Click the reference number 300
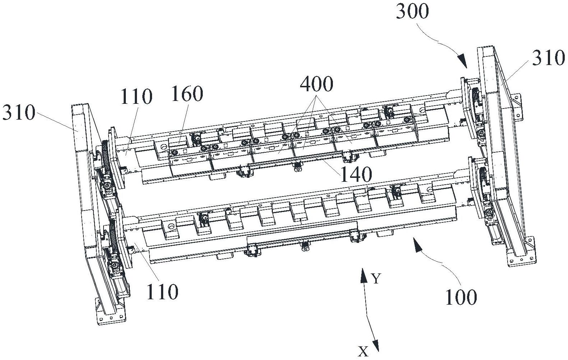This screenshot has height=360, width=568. click(x=412, y=11)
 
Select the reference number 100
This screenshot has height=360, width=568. click(x=461, y=297)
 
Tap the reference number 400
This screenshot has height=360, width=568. click(x=317, y=84)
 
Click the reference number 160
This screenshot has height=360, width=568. click(x=187, y=94)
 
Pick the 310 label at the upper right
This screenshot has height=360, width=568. click(x=548, y=58)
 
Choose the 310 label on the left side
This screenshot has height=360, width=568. click(x=19, y=113)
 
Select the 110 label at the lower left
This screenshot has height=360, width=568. click(x=162, y=292)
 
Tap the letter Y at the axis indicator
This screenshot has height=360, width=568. click(x=376, y=278)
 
